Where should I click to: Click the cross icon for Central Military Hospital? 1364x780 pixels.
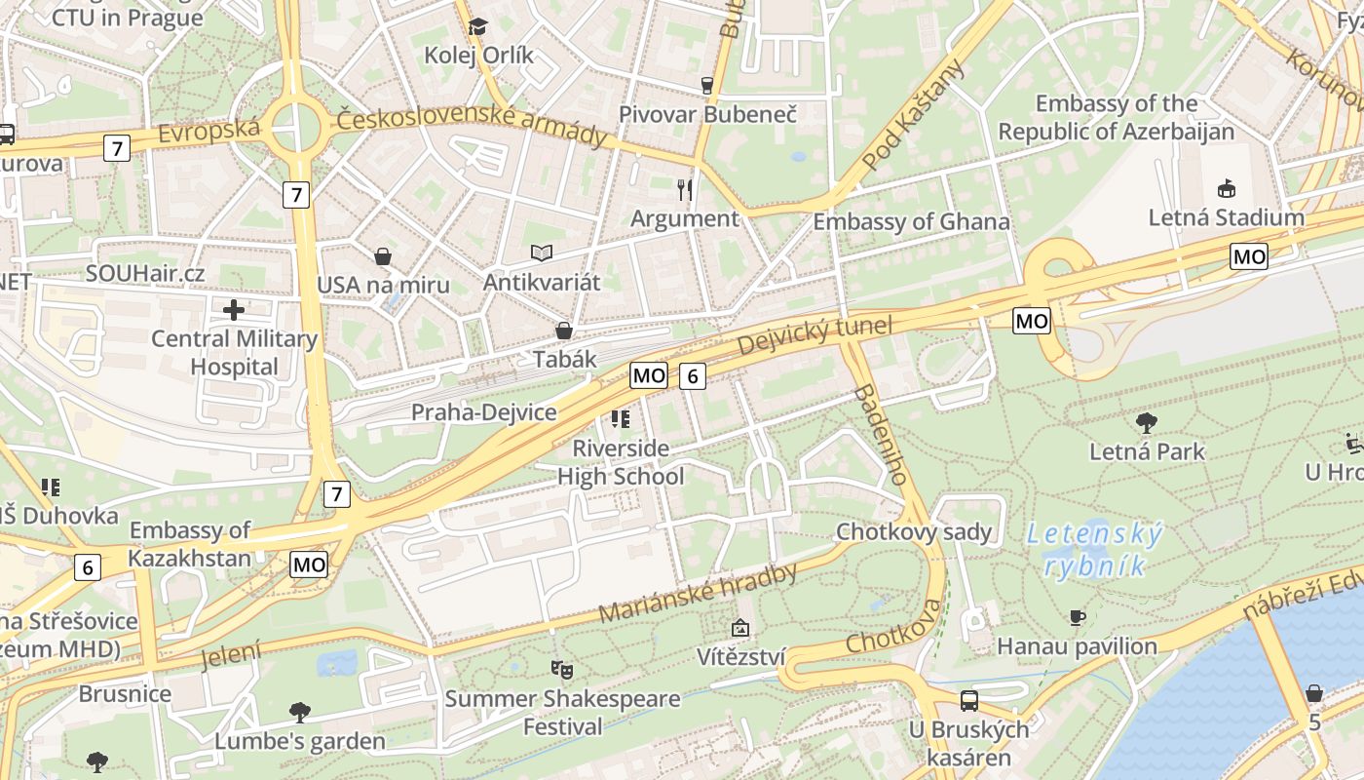(234, 311)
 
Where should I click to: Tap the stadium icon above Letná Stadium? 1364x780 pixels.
(1226, 189)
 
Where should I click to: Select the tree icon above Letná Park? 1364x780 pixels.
(1147, 423)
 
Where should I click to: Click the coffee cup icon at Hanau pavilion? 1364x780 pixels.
(1077, 617)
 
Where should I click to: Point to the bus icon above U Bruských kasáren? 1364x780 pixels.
(968, 700)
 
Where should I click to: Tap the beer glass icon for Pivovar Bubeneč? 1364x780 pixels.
(707, 86)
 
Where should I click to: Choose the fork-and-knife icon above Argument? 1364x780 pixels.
(685, 189)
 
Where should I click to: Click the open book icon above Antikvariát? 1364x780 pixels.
(542, 253)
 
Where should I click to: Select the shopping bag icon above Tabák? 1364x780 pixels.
(563, 331)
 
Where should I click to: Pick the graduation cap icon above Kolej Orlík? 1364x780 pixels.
(477, 26)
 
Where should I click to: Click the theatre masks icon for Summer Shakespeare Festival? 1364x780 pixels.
(561, 669)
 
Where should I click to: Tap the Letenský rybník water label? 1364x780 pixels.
(1095, 550)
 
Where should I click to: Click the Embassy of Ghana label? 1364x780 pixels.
(911, 221)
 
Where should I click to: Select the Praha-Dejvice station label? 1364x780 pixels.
(483, 412)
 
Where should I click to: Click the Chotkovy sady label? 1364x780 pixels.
(914, 532)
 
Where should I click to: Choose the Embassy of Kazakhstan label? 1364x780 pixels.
(190, 544)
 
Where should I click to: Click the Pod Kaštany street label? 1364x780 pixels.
(914, 114)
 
